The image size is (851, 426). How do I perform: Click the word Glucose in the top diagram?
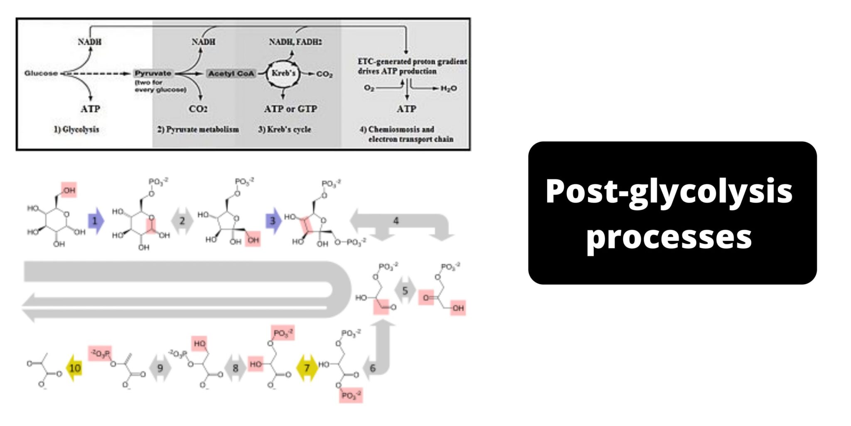point(41,73)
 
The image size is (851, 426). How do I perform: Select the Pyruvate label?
point(153,73)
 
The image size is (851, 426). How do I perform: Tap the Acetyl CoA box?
point(231,74)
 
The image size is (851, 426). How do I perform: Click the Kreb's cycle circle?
point(283,74)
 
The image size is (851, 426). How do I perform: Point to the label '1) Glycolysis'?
point(76,129)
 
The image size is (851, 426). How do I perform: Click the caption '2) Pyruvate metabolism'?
point(198,129)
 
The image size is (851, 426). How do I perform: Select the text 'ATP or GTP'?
point(290,109)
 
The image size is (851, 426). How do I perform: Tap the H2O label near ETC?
point(449,89)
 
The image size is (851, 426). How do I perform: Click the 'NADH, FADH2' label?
point(295,42)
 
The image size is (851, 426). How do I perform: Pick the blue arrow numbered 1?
point(96,220)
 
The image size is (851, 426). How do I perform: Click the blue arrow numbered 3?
point(273,220)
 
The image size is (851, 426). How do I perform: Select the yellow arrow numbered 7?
point(307,368)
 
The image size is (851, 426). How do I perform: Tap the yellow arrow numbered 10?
point(75,368)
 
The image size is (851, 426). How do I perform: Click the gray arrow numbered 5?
point(405,290)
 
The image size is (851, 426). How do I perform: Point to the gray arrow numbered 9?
point(160,368)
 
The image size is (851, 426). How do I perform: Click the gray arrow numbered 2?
point(182,220)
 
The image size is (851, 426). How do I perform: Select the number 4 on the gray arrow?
point(396,220)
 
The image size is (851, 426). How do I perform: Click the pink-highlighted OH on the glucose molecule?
point(69,190)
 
